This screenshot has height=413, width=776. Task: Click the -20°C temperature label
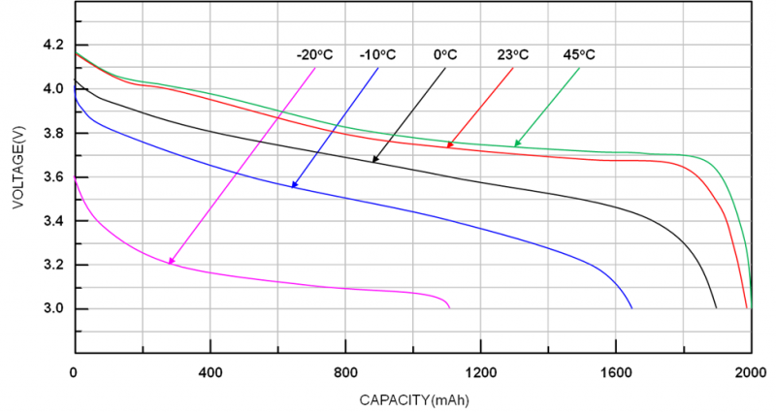(x=315, y=54)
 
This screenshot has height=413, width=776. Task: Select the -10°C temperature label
(x=377, y=54)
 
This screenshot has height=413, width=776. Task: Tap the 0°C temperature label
(x=445, y=54)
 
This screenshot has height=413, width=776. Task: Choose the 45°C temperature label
(x=579, y=54)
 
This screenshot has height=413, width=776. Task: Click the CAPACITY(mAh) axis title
(x=413, y=398)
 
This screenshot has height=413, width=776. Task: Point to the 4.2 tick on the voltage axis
(x=53, y=46)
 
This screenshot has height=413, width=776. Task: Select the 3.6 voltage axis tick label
(x=53, y=177)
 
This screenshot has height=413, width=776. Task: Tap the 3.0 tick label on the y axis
(x=53, y=309)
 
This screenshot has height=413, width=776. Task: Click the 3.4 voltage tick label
(x=53, y=221)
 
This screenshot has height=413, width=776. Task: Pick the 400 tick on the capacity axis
(x=210, y=373)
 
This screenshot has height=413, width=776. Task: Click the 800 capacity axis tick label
(x=344, y=373)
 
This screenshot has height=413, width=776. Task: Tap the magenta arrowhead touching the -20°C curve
(x=171, y=261)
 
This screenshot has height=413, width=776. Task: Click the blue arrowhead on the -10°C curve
(x=293, y=184)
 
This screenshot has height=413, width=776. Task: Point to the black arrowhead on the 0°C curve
(x=374, y=159)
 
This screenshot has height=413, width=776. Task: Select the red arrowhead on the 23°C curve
(x=450, y=145)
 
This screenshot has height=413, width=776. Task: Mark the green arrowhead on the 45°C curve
(x=517, y=144)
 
